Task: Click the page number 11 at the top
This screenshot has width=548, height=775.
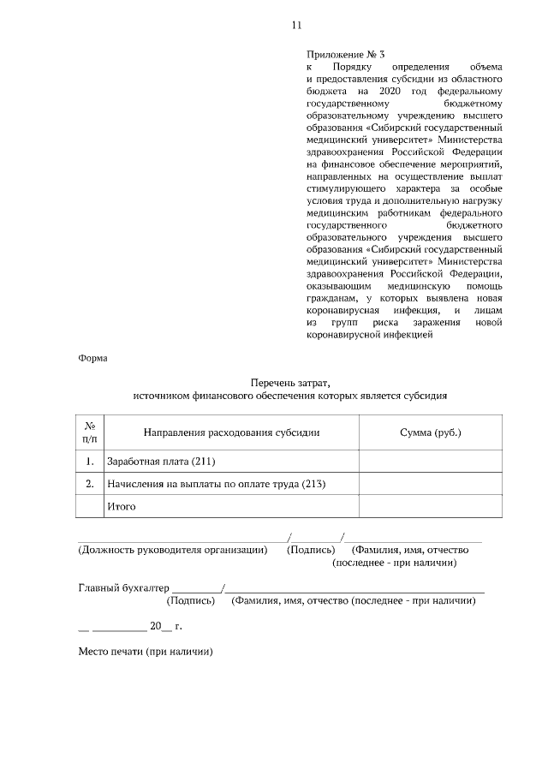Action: [295, 25]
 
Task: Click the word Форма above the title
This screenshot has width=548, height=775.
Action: [93, 359]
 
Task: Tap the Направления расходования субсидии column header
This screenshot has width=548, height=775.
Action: [231, 432]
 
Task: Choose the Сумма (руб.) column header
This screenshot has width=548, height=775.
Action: [431, 432]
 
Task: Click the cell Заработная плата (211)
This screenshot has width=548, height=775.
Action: [154, 462]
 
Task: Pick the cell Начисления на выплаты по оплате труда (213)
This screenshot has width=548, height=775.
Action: [216, 484]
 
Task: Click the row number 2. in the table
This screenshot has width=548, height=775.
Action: [89, 484]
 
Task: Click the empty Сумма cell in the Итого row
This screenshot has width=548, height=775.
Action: [431, 506]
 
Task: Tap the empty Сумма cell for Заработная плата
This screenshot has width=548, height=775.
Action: [431, 462]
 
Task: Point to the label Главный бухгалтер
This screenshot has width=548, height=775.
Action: [124, 587]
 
